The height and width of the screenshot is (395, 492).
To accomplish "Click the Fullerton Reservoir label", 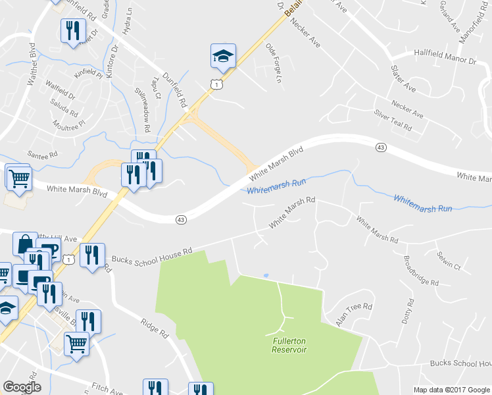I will point(289,345).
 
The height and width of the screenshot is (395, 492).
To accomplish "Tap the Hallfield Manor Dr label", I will point(444,57).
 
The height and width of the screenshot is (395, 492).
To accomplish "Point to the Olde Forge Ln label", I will point(273,63).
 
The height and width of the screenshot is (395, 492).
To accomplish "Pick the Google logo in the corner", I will point(22,386).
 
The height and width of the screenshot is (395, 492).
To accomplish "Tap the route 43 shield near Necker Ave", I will point(381,147).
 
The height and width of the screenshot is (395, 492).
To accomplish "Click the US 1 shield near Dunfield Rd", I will point(215,84).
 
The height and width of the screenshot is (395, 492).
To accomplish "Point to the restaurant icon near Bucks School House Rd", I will point(91,253).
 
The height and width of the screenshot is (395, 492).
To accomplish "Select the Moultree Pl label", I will point(70,122).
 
